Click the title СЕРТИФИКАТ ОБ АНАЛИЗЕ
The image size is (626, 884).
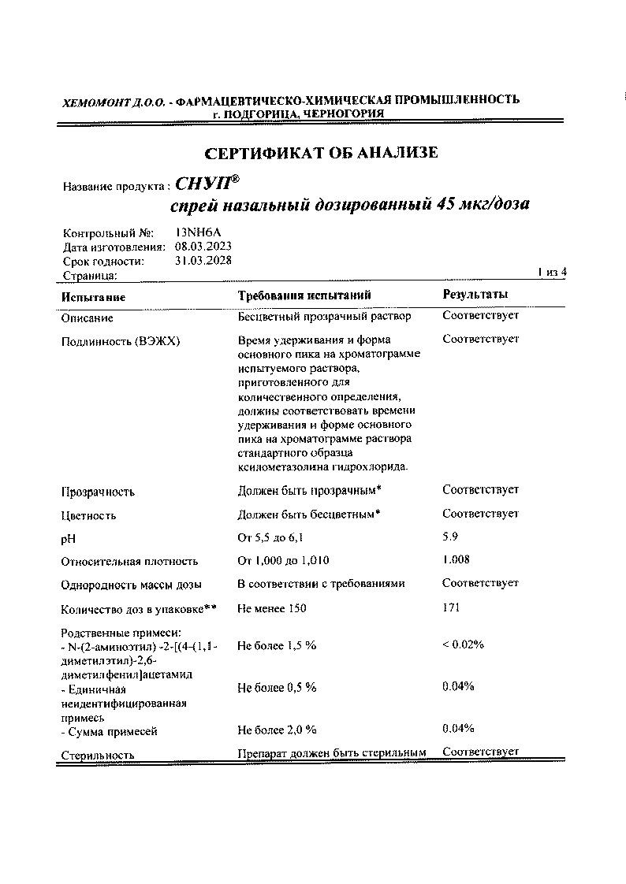(320, 153)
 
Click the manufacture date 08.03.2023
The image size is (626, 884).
(203, 247)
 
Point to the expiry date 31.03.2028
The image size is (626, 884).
(203, 261)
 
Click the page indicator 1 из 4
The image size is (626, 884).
(552, 272)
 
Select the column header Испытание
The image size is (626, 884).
(93, 297)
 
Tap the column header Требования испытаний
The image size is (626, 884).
(304, 295)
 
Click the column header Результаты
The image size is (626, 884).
(475, 295)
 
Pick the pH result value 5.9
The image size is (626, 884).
(451, 537)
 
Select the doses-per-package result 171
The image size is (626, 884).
(451, 607)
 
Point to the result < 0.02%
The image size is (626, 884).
(463, 644)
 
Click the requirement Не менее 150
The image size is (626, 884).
(272, 608)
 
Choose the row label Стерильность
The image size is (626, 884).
(98, 755)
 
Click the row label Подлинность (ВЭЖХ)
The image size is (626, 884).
(121, 341)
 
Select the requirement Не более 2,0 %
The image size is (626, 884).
(277, 730)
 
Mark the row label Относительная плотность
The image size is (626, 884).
(129, 562)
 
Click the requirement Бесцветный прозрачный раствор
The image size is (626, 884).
(324, 317)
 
